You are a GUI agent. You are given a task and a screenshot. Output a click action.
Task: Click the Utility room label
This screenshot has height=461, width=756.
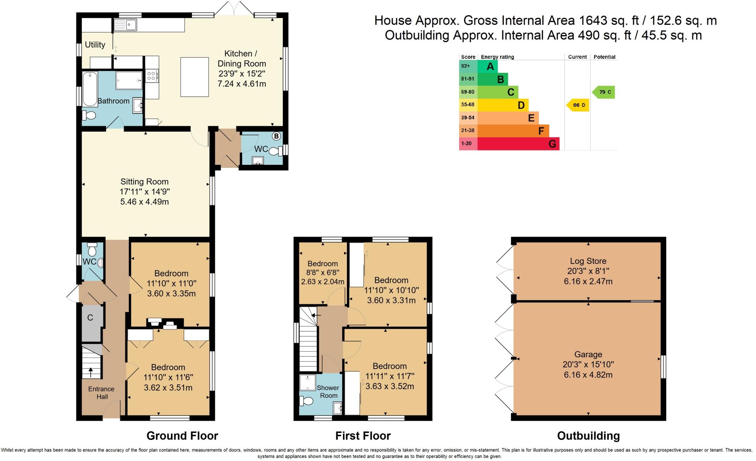coord(95,45)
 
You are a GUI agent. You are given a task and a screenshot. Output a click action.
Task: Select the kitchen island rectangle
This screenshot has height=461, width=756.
coord(195,77)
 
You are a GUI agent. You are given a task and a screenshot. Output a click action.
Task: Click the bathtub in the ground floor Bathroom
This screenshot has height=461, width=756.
coord(90,89)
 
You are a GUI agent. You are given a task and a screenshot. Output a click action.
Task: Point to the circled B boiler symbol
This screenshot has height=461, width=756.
coord(276,136)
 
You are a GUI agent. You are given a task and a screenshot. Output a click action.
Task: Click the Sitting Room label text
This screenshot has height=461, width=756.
coord(144,182)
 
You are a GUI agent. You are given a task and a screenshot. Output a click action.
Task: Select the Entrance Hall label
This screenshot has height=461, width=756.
coord(101,393)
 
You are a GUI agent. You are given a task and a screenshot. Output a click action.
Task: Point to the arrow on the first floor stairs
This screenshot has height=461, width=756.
coord(316,315)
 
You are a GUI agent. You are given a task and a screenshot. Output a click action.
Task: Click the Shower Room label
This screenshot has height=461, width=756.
coord(328,391)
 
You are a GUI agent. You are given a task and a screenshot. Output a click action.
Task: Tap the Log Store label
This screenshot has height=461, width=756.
coord(588,261)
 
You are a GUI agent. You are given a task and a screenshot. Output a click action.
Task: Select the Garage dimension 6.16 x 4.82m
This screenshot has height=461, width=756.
coord(588,374)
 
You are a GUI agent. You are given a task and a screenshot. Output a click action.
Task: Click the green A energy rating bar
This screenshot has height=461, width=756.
coord(487,66)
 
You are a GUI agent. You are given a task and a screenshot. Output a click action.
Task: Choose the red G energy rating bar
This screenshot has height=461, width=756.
coord(518,143)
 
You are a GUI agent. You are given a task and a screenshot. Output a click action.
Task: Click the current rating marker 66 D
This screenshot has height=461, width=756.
coord(578,105)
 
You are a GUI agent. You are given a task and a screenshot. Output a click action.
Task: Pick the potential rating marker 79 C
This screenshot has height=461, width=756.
coord(604,92)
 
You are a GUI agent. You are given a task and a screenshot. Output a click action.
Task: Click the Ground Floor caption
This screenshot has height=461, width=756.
coord(182,436)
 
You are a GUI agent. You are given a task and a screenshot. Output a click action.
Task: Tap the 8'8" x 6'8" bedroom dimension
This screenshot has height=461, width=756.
coord(323,273)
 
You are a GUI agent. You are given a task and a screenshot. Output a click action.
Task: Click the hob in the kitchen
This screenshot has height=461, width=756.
coord(152,76)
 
